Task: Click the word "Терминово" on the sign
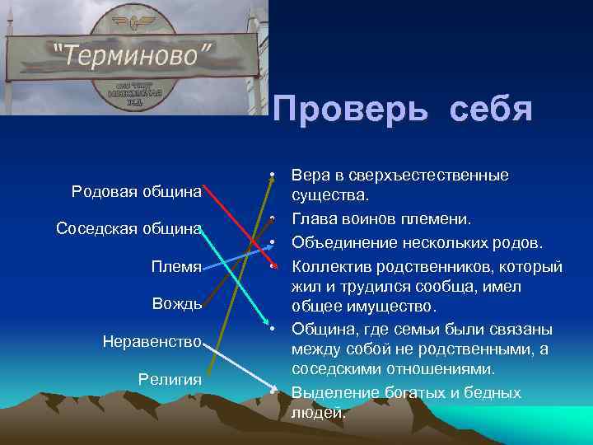point(133,55)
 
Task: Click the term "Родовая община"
point(137,191)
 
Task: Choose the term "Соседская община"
point(128,228)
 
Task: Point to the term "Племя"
point(175,266)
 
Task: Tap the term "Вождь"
point(176,303)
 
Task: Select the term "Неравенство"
point(152,340)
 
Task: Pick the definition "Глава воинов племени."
point(381,219)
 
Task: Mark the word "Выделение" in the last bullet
point(334,392)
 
